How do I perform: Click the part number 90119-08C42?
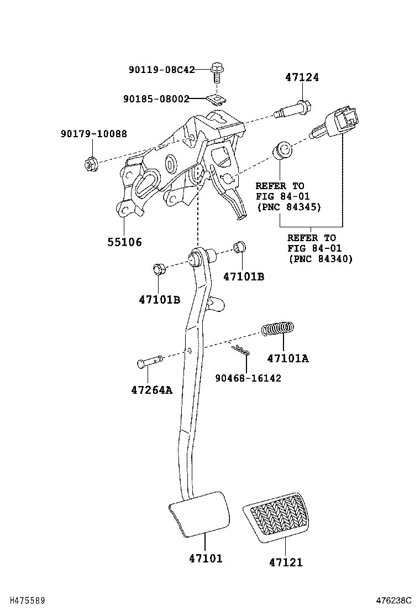pyautogui.click(x=162, y=70)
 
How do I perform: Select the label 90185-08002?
pyautogui.click(x=156, y=99)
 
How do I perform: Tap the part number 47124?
pyautogui.click(x=302, y=77)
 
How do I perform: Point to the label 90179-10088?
pyautogui.click(x=94, y=134)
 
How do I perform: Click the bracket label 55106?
pyautogui.click(x=124, y=242)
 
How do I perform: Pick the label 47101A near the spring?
pyautogui.click(x=287, y=358)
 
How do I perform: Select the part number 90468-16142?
pyautogui.click(x=248, y=378)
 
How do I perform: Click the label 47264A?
pyautogui.click(x=151, y=390)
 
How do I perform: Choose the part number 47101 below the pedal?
pyautogui.click(x=206, y=559)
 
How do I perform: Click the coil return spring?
pyautogui.click(x=277, y=329)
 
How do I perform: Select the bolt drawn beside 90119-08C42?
pyautogui.click(x=217, y=72)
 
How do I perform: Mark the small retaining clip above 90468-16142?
pyautogui.click(x=240, y=350)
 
